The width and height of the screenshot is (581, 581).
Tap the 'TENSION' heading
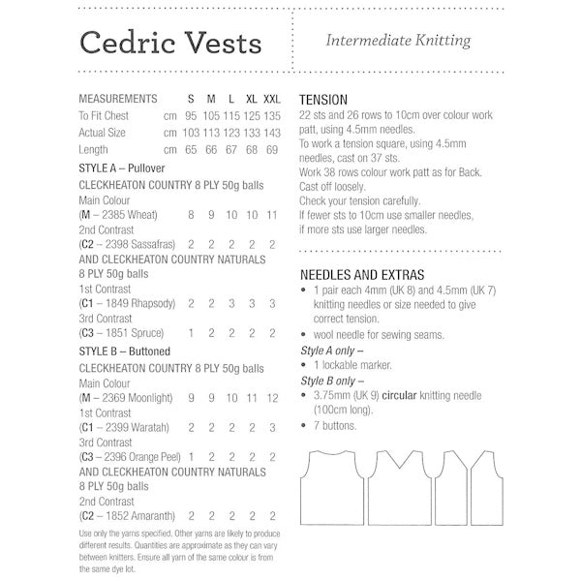click(324, 100)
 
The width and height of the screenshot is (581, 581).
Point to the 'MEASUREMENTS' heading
click(117, 100)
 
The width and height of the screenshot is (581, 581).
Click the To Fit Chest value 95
click(191, 116)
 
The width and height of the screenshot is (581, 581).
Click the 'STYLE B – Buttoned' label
click(123, 352)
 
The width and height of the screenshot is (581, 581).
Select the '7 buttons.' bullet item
click(335, 426)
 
